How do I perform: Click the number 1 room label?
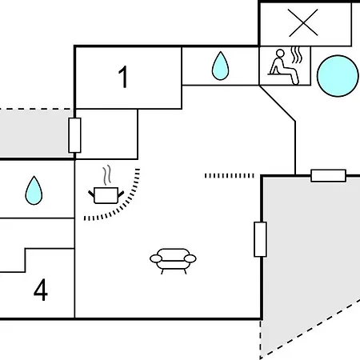(123, 77)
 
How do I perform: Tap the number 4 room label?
(41, 290)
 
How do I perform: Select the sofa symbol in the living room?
(173, 261)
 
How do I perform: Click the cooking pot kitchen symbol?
(106, 195)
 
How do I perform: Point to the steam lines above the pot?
(107, 175)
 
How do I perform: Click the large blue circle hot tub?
(338, 76)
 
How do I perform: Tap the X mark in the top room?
(303, 22)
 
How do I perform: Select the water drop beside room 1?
(220, 66)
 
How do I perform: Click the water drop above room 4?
(34, 190)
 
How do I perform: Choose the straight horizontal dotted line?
(230, 176)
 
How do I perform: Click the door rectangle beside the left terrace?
(74, 135)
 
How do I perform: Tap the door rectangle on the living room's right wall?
(260, 239)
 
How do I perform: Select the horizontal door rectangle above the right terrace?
(328, 176)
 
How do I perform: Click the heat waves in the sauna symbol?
(297, 55)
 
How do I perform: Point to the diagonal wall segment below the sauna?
(277, 103)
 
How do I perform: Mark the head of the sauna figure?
(280, 54)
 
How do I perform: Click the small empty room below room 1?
(106, 134)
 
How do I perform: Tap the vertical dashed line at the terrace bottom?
(261, 339)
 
